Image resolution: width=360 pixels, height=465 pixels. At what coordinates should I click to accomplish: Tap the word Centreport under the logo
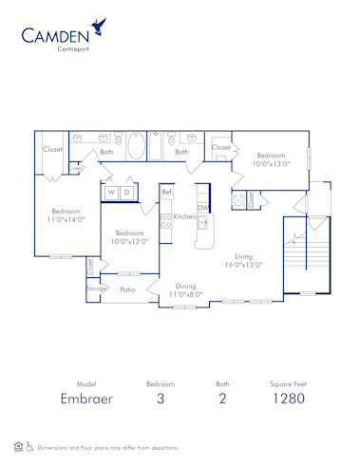tap(73, 49)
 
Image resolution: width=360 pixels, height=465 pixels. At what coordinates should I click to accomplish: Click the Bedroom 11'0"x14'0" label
tap(66, 214)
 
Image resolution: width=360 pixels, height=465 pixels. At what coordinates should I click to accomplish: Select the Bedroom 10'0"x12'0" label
tap(129, 236)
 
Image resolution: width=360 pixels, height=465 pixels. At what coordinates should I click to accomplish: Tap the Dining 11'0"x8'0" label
tap(185, 290)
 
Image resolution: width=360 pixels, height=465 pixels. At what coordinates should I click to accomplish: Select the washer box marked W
tap(111, 193)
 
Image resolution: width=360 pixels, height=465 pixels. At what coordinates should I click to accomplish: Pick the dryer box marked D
tap(126, 193)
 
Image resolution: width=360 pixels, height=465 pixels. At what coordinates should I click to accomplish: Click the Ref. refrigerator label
tap(167, 193)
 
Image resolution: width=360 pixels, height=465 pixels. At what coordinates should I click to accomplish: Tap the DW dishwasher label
tap(202, 208)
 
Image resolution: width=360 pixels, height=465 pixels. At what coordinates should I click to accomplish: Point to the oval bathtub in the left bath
tap(136, 147)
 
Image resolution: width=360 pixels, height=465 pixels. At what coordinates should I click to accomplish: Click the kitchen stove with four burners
tap(165, 221)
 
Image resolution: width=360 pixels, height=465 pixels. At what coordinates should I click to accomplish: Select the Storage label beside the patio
tap(95, 288)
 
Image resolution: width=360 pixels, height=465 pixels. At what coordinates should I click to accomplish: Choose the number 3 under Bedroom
tap(161, 400)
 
